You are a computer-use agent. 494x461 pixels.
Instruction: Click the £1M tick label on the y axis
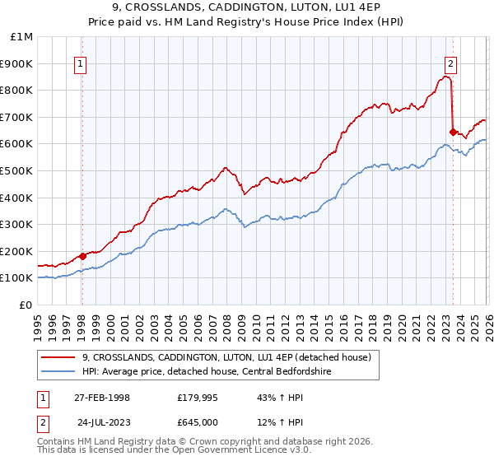pos(21,37)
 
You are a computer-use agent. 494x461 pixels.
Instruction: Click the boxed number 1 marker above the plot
pos(81,64)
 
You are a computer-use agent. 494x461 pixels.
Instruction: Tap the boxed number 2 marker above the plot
pos(451,64)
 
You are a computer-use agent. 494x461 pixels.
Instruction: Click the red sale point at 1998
pos(82,256)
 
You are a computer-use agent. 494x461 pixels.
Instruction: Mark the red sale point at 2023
pos(453,132)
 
